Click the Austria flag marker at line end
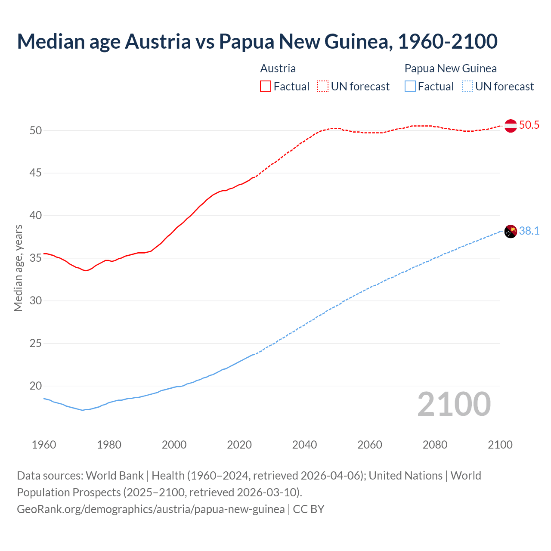[511, 126]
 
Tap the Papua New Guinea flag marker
[511, 231]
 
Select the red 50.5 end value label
[529, 125]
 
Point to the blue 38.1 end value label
[529, 231]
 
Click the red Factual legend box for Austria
[266, 86]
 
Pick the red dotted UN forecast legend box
[323, 86]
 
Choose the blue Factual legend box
[410, 86]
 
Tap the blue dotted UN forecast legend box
[467, 86]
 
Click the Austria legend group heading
[278, 68]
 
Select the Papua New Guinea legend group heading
[450, 68]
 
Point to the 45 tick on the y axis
[36, 173]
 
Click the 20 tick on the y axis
[36, 386]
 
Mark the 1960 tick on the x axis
[44, 445]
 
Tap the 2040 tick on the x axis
[304, 445]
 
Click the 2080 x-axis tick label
[435, 445]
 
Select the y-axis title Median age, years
[18, 268]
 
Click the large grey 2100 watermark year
[454, 404]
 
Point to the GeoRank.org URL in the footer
[151, 509]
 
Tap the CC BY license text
[309, 509]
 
